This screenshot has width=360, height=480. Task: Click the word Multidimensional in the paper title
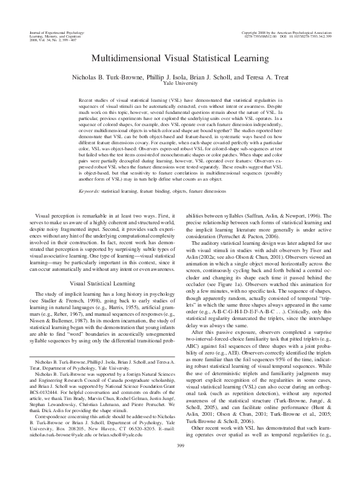124,59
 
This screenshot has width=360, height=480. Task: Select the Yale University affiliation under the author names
180,83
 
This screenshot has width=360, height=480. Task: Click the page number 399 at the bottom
180,463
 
